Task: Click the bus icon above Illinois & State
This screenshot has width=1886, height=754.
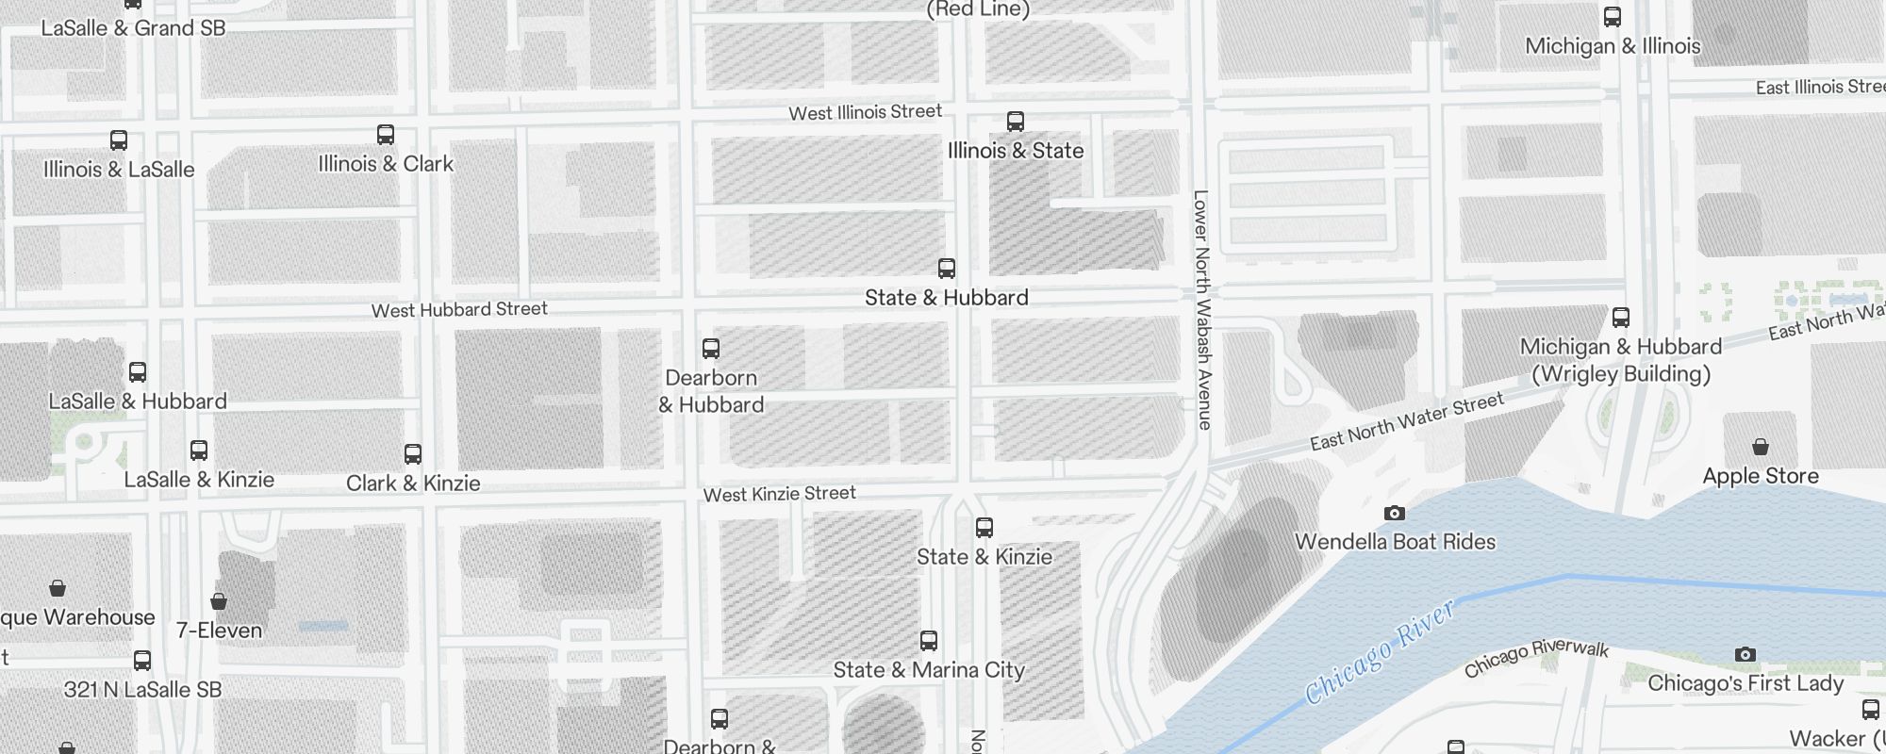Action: pyautogui.click(x=1015, y=122)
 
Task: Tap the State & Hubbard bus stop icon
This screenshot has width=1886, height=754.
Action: pyautogui.click(x=947, y=269)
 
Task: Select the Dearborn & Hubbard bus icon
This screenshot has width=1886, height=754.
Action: pyautogui.click(x=711, y=349)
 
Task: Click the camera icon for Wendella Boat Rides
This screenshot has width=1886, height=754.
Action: pyautogui.click(x=1394, y=514)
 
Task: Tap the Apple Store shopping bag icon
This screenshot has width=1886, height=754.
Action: pyautogui.click(x=1760, y=447)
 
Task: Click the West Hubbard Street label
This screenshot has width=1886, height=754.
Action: pyautogui.click(x=459, y=309)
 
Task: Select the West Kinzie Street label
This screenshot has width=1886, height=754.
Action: pyautogui.click(x=779, y=494)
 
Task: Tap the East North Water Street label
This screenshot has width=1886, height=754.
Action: pyautogui.click(x=1407, y=421)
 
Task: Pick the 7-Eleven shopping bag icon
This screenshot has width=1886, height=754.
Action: pyautogui.click(x=219, y=601)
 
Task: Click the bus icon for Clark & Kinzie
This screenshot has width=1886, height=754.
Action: pyautogui.click(x=412, y=454)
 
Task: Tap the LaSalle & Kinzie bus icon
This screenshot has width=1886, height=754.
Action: pyautogui.click(x=199, y=451)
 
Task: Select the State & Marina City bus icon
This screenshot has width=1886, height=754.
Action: pyautogui.click(x=929, y=642)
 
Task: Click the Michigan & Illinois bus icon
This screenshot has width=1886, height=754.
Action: pyautogui.click(x=1613, y=17)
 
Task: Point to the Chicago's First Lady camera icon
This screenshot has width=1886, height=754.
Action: pyautogui.click(x=1745, y=655)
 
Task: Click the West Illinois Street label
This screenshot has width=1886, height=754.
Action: pyautogui.click(x=865, y=112)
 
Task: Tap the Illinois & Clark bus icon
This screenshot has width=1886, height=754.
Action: pyautogui.click(x=386, y=135)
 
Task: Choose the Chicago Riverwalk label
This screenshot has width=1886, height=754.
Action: pyautogui.click(x=1536, y=658)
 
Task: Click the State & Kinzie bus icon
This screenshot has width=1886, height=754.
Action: pyautogui.click(x=984, y=528)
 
